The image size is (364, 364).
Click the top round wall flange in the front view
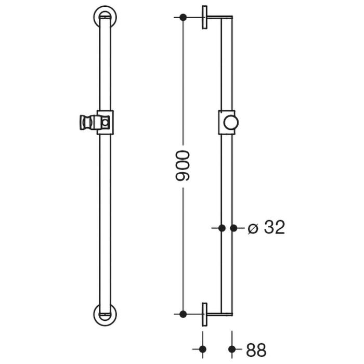pos(105,16)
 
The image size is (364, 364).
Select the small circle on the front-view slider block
pos(106,123)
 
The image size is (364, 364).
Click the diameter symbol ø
pos(253,228)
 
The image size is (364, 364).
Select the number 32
pos(274,228)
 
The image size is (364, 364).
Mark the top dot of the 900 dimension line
pos(183,17)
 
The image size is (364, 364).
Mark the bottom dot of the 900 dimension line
pos(183,314)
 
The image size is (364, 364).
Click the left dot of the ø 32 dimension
pos(222,228)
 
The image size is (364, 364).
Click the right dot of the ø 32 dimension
pos(233,228)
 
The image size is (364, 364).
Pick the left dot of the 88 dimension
pos(203,349)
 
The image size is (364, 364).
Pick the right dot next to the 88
pos(232,349)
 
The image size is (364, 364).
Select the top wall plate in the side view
pos(205,17)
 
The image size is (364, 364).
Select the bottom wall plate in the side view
pos(205,314)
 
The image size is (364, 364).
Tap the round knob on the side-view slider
pos(230,123)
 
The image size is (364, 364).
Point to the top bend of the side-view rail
pos(229,19)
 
